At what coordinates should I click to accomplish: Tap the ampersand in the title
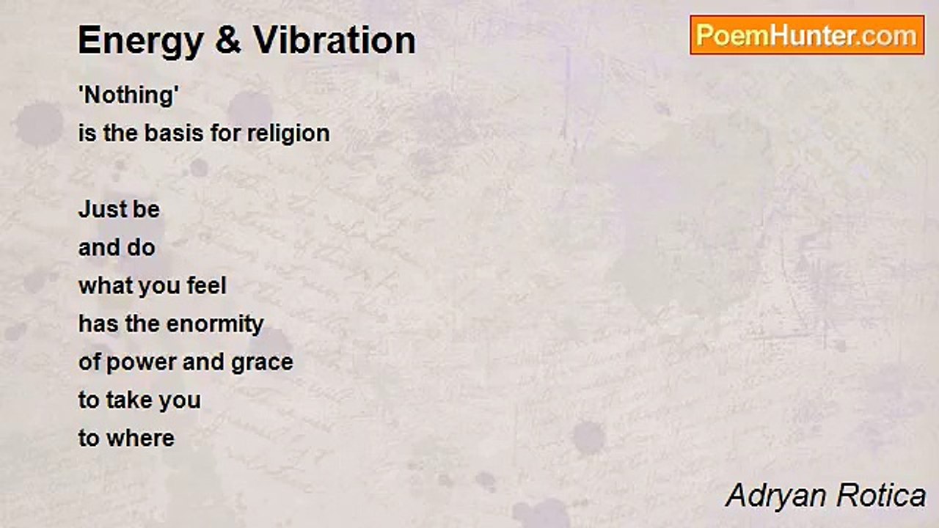[x=228, y=40]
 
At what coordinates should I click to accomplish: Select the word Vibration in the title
[x=334, y=40]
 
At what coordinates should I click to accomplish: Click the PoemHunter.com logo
[x=807, y=35]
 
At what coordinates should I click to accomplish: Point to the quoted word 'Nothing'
[x=128, y=96]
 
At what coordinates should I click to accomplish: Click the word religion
[x=288, y=134]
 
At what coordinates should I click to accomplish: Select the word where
[x=140, y=439]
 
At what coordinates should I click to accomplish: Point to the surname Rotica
[x=881, y=495]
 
